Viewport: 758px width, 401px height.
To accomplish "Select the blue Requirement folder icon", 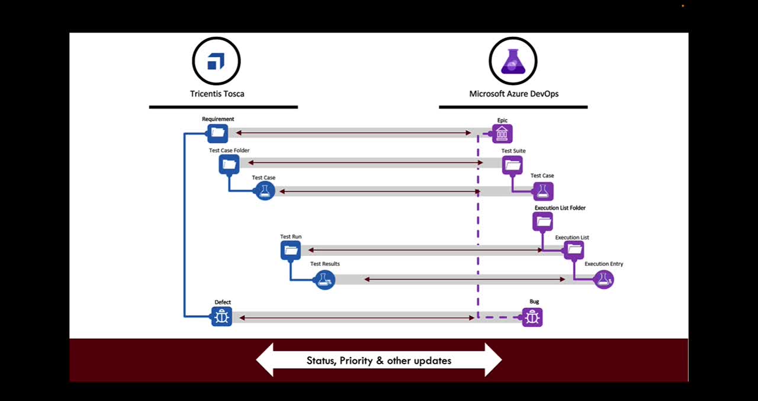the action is (x=217, y=133).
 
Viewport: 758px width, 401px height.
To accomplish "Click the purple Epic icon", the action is (x=502, y=134).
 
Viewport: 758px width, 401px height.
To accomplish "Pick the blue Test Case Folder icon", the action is (x=229, y=165).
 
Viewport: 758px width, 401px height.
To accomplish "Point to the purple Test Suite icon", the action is (x=512, y=165).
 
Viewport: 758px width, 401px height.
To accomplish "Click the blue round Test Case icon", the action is (x=265, y=191).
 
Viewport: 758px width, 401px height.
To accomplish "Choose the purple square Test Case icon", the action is (x=543, y=191).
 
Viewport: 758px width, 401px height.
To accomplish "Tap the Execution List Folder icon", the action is (x=543, y=222).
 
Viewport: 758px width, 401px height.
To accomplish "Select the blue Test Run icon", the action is (x=291, y=251).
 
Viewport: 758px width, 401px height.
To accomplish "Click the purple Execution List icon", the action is (x=574, y=250).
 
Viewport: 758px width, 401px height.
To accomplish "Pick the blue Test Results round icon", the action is (x=325, y=280).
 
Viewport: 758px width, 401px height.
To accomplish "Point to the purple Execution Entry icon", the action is (x=603, y=280).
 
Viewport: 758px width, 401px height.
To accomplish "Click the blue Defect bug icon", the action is (x=221, y=317).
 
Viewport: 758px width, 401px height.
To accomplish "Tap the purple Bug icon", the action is (x=532, y=317).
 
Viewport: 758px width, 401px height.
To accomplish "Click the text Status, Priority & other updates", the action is (x=379, y=361).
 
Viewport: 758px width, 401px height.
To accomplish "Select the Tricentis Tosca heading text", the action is (x=217, y=94).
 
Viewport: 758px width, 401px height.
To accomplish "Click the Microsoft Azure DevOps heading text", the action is (x=513, y=94).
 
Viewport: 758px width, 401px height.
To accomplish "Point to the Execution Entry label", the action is (x=603, y=264).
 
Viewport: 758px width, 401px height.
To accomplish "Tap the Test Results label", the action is (x=325, y=264).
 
